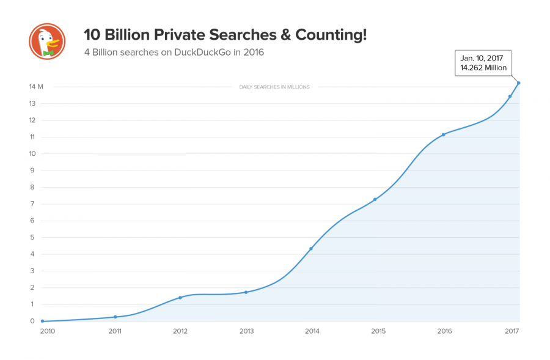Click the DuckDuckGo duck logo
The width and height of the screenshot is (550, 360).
pos(47,41)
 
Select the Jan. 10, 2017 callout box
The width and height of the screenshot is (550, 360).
pos(483,63)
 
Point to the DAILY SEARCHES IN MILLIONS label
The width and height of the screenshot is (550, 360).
pos(274,87)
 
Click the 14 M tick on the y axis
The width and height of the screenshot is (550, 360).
pos(36,87)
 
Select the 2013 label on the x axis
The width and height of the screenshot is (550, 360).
pos(246,331)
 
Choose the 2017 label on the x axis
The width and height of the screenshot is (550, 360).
pos(512,331)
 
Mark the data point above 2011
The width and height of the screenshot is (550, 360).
pos(115,317)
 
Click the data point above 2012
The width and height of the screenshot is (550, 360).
pos(180,298)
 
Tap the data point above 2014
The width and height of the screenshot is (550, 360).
pos(311,249)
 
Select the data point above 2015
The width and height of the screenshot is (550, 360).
pos(375,199)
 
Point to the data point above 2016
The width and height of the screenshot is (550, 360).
pos(443,134)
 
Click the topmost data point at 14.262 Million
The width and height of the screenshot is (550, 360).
pos(519,83)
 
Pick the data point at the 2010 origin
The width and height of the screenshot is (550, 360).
pos(42,321)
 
